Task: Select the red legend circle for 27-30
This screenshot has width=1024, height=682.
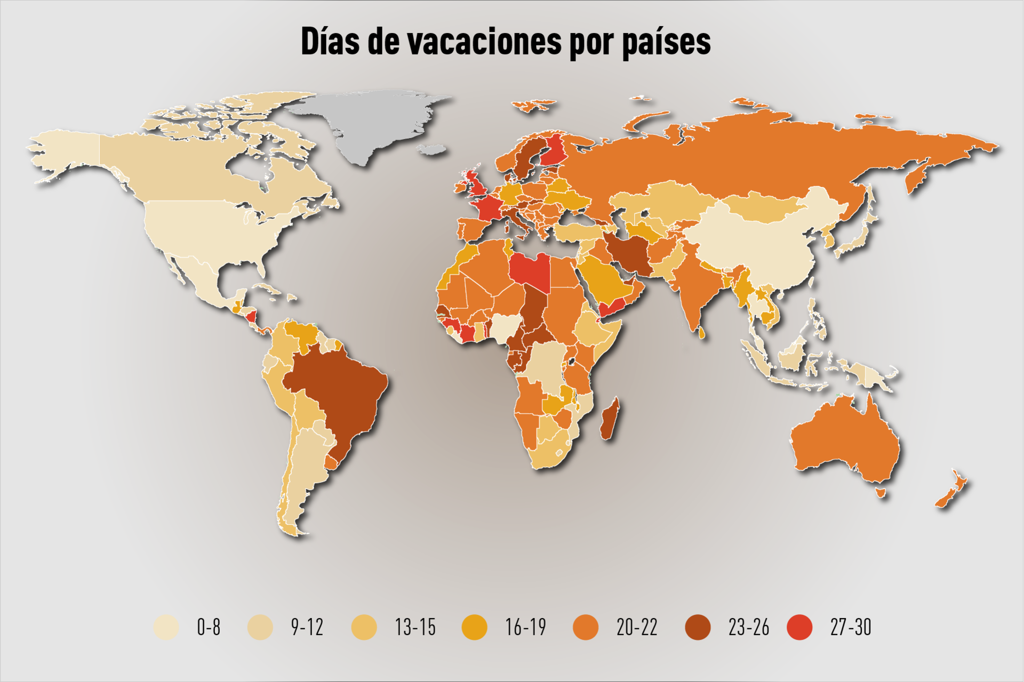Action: (799, 627)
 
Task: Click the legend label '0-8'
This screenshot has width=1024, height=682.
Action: (209, 627)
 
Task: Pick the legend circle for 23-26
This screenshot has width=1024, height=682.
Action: (698, 627)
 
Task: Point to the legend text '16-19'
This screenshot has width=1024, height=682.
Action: (525, 627)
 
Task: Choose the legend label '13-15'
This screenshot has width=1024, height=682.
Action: (415, 627)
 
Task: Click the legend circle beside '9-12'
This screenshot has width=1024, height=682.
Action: (260, 627)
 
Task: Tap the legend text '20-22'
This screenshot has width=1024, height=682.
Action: (637, 627)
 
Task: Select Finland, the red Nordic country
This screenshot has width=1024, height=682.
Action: (555, 149)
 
